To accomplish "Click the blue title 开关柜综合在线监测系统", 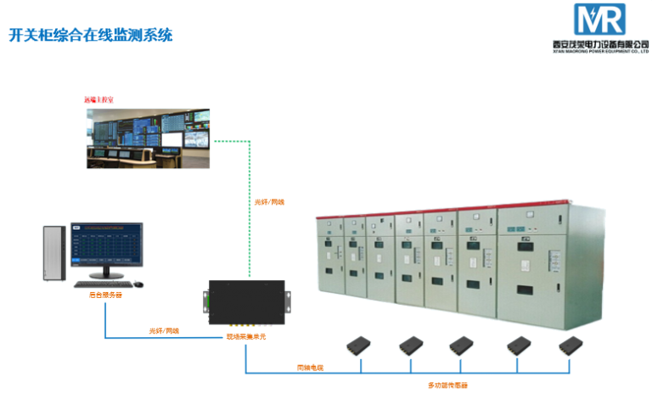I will click(x=89, y=36).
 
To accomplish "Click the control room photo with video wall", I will click(x=149, y=137).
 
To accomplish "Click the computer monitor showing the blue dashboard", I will click(x=107, y=249).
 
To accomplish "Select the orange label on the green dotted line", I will click(x=269, y=202).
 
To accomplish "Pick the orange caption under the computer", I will click(x=105, y=295).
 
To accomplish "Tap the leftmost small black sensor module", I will click(x=360, y=346).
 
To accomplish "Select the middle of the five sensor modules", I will click(x=463, y=346).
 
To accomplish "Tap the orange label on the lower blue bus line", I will click(x=310, y=367).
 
